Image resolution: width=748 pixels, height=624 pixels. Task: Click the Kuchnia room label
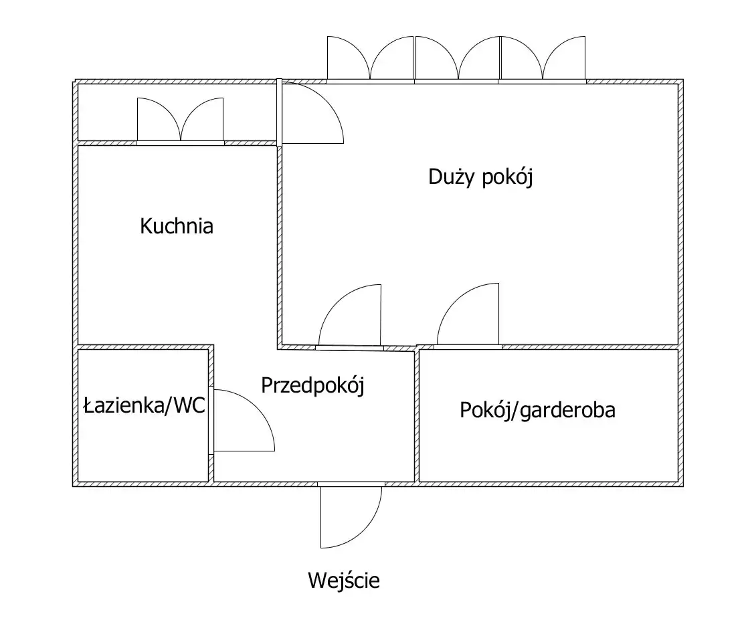click(x=177, y=226)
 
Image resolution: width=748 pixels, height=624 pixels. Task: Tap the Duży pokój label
click(x=480, y=177)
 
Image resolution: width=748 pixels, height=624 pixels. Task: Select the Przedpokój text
click(x=313, y=385)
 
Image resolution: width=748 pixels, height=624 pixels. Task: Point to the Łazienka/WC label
click(x=144, y=406)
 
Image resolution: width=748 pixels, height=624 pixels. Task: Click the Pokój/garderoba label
click(x=538, y=410)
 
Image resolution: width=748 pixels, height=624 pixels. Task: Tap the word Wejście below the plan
click(x=344, y=581)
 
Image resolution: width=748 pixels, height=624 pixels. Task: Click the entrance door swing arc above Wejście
click(x=351, y=517)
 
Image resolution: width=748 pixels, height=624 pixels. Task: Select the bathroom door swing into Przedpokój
click(x=244, y=420)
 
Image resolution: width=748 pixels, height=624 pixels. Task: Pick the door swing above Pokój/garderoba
click(x=468, y=314)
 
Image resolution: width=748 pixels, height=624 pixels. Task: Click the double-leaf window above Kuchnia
click(x=181, y=120)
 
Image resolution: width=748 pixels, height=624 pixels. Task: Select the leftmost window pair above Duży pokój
click(x=370, y=58)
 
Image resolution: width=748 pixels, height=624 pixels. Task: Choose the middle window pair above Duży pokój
click(x=458, y=58)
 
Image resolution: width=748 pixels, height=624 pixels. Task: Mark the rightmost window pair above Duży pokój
click(x=543, y=58)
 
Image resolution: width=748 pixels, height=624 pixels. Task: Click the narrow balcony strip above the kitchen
click(x=177, y=112)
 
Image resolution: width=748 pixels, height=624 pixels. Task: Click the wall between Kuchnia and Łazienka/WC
click(x=145, y=347)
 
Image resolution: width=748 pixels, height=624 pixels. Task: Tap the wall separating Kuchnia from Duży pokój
click(x=279, y=245)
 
